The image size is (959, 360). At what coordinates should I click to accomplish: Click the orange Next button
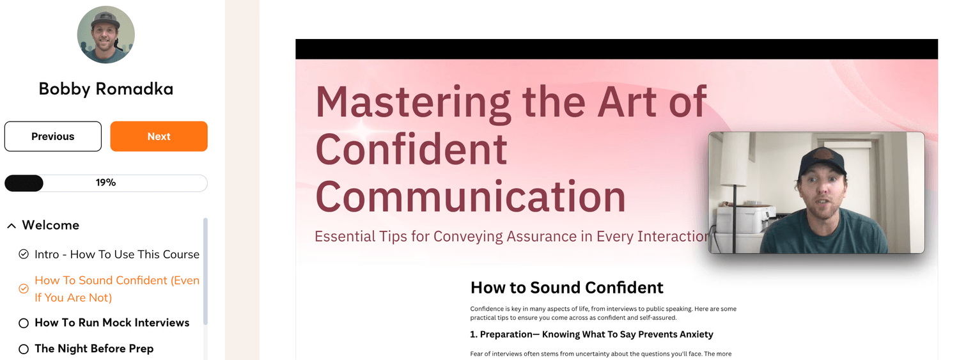[159, 136]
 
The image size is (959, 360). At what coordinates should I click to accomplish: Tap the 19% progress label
[105, 183]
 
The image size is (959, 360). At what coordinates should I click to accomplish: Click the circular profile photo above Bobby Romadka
[105, 35]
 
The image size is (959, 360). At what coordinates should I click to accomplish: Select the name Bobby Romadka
[105, 89]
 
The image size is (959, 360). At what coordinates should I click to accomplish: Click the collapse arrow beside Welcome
[12, 226]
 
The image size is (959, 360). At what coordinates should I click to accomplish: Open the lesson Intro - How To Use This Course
[117, 254]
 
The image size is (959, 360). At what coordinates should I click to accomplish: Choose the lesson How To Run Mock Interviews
[112, 322]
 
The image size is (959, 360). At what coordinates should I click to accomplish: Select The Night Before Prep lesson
[94, 348]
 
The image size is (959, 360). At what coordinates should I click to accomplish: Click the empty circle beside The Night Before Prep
[24, 349]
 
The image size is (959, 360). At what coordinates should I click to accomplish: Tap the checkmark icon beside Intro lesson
[24, 254]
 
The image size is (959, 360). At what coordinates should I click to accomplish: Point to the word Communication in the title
[471, 196]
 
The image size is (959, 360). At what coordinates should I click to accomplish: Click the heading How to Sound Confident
[567, 288]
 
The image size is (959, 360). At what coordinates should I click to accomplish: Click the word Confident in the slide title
[412, 149]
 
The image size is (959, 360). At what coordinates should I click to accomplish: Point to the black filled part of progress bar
[24, 184]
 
